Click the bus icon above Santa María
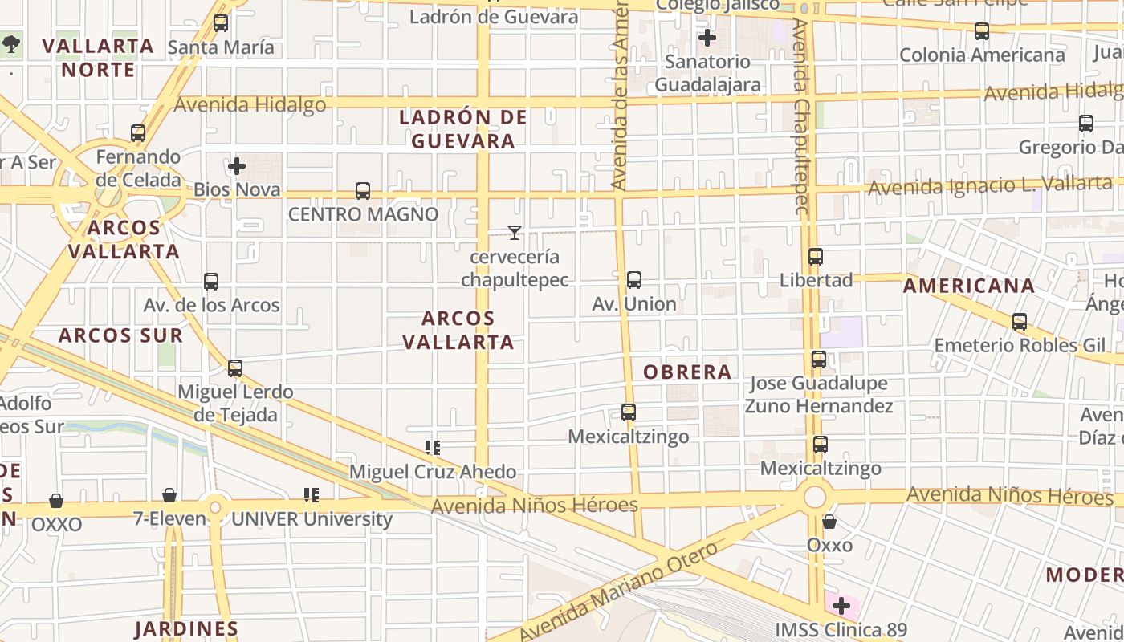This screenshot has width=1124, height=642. click(x=221, y=23)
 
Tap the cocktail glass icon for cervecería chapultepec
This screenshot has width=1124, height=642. click(x=515, y=233)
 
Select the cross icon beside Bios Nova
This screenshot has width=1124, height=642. click(x=237, y=167)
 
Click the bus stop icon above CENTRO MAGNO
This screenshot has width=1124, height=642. click(x=363, y=191)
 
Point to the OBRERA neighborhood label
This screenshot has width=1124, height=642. click(x=687, y=372)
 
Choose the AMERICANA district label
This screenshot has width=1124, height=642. click(x=969, y=286)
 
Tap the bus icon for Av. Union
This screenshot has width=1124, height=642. click(x=634, y=280)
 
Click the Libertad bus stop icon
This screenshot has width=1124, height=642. click(x=816, y=257)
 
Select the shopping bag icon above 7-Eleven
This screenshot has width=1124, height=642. click(x=169, y=495)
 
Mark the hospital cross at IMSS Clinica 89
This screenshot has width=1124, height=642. click(x=841, y=606)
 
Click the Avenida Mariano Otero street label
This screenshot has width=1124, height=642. click(x=618, y=592)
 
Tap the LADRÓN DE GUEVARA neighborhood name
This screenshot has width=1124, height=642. click(x=463, y=129)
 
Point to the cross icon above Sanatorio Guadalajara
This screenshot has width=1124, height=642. click(x=707, y=38)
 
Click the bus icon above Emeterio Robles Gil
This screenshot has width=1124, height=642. click(x=1020, y=322)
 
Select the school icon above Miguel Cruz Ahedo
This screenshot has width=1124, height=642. click(x=433, y=448)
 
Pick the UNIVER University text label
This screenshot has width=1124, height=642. click(x=312, y=519)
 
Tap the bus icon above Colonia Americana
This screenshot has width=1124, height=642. click(x=982, y=31)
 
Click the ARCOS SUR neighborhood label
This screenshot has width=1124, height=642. click(x=120, y=335)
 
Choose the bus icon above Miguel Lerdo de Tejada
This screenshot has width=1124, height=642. click(x=235, y=368)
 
